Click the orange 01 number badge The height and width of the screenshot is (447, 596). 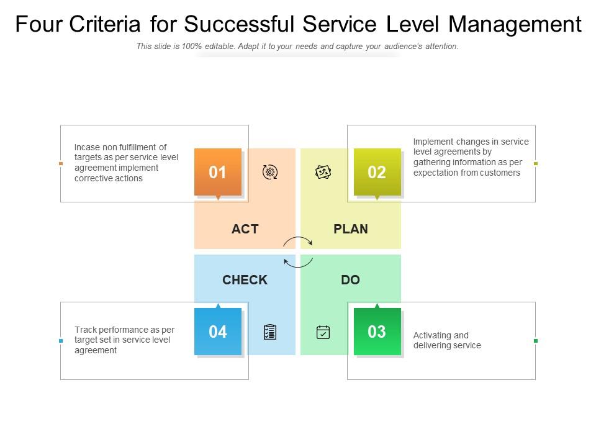click(x=218, y=172)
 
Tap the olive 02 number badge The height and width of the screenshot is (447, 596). click(x=377, y=172)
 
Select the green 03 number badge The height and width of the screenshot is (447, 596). click(x=377, y=332)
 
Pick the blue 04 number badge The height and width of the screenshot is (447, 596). click(x=218, y=332)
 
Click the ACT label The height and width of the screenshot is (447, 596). click(x=245, y=229)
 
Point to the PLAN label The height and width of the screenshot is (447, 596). click(x=351, y=229)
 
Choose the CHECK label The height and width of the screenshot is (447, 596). click(x=245, y=280)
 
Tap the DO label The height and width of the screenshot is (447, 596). click(x=350, y=280)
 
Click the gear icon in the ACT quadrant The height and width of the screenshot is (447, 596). click(x=270, y=173)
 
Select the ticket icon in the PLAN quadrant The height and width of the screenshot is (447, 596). click(x=323, y=172)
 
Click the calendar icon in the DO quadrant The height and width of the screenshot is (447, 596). click(x=323, y=332)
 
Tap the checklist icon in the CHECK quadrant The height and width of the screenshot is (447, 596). click(x=270, y=332)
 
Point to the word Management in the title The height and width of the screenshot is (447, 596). click(x=515, y=24)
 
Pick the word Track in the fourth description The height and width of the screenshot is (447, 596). click(x=85, y=330)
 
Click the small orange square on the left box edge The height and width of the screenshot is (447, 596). click(x=60, y=163)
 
